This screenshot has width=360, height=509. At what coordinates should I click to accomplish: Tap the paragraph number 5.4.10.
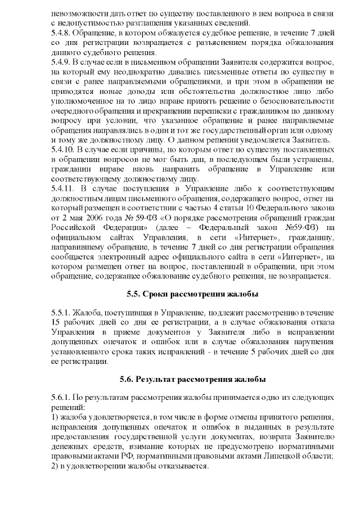click(x=63, y=149)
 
